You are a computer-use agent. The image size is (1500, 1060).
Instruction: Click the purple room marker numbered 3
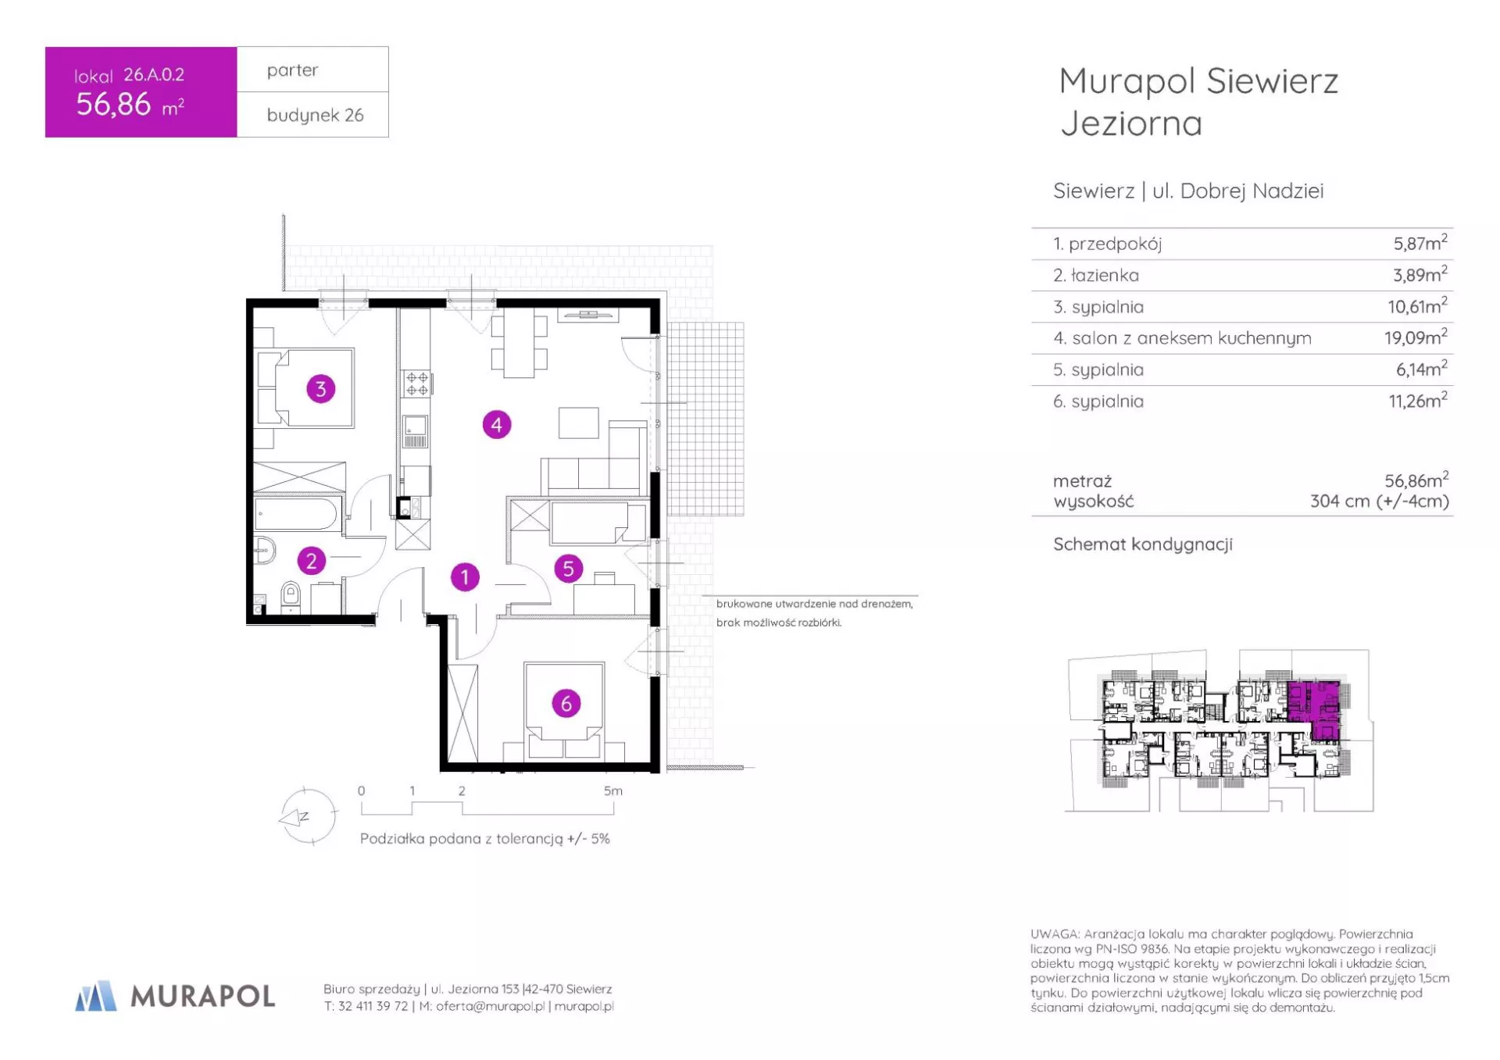tap(320, 388)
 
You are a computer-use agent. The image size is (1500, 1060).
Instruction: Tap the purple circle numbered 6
tap(566, 703)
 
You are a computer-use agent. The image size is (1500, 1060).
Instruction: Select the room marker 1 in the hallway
tap(465, 577)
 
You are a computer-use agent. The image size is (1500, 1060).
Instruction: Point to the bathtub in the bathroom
tap(297, 514)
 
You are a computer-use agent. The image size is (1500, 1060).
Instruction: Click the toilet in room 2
tap(290, 595)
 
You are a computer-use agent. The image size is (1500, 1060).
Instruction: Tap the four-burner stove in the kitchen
tap(416, 383)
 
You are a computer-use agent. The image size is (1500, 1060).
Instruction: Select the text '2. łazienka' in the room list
tap(1096, 275)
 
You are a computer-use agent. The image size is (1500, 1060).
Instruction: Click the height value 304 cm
tap(1341, 501)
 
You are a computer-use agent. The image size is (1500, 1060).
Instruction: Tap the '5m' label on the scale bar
tap(613, 791)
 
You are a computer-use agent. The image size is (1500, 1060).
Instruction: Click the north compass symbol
tap(308, 817)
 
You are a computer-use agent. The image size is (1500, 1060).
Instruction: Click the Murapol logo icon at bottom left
tap(95, 996)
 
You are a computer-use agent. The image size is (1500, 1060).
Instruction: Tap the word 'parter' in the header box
tap(292, 70)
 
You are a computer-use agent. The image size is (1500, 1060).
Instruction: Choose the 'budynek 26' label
tap(315, 115)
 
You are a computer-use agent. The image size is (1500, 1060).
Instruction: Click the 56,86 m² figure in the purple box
tap(130, 104)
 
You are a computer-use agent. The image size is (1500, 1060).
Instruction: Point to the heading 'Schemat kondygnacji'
tap(1143, 544)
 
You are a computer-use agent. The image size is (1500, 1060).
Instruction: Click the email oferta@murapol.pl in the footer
tap(491, 1006)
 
